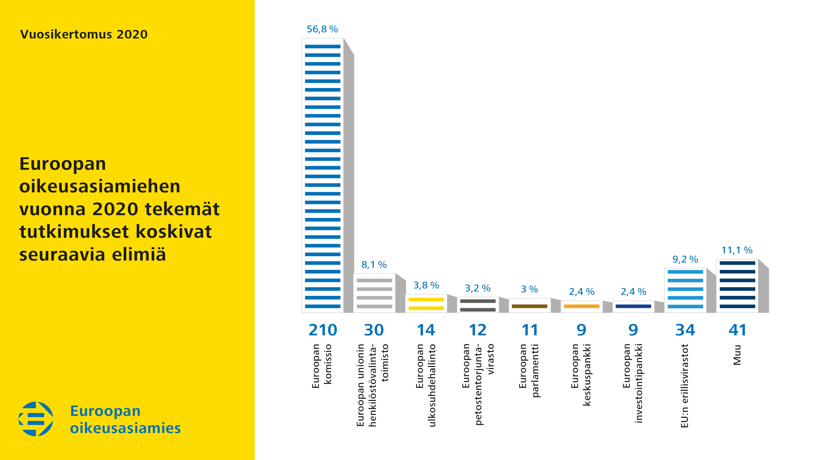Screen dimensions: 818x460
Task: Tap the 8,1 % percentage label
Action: point(374,265)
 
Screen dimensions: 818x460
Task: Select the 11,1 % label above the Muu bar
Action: point(737,250)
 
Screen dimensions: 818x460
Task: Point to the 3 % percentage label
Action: point(529,289)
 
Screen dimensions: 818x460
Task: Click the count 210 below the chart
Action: point(323,330)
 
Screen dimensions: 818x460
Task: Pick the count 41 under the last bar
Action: point(737,330)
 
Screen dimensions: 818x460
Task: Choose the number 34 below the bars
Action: point(685,330)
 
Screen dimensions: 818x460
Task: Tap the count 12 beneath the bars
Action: point(478,330)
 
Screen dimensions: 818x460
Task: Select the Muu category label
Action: point(737,355)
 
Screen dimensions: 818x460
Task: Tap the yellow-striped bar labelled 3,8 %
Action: point(426,303)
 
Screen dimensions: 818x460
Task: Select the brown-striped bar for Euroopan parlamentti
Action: point(530,306)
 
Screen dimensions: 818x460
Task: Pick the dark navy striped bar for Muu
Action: point(737,286)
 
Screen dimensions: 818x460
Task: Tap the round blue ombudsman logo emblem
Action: point(36,419)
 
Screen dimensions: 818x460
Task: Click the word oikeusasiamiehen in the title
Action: point(100,186)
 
